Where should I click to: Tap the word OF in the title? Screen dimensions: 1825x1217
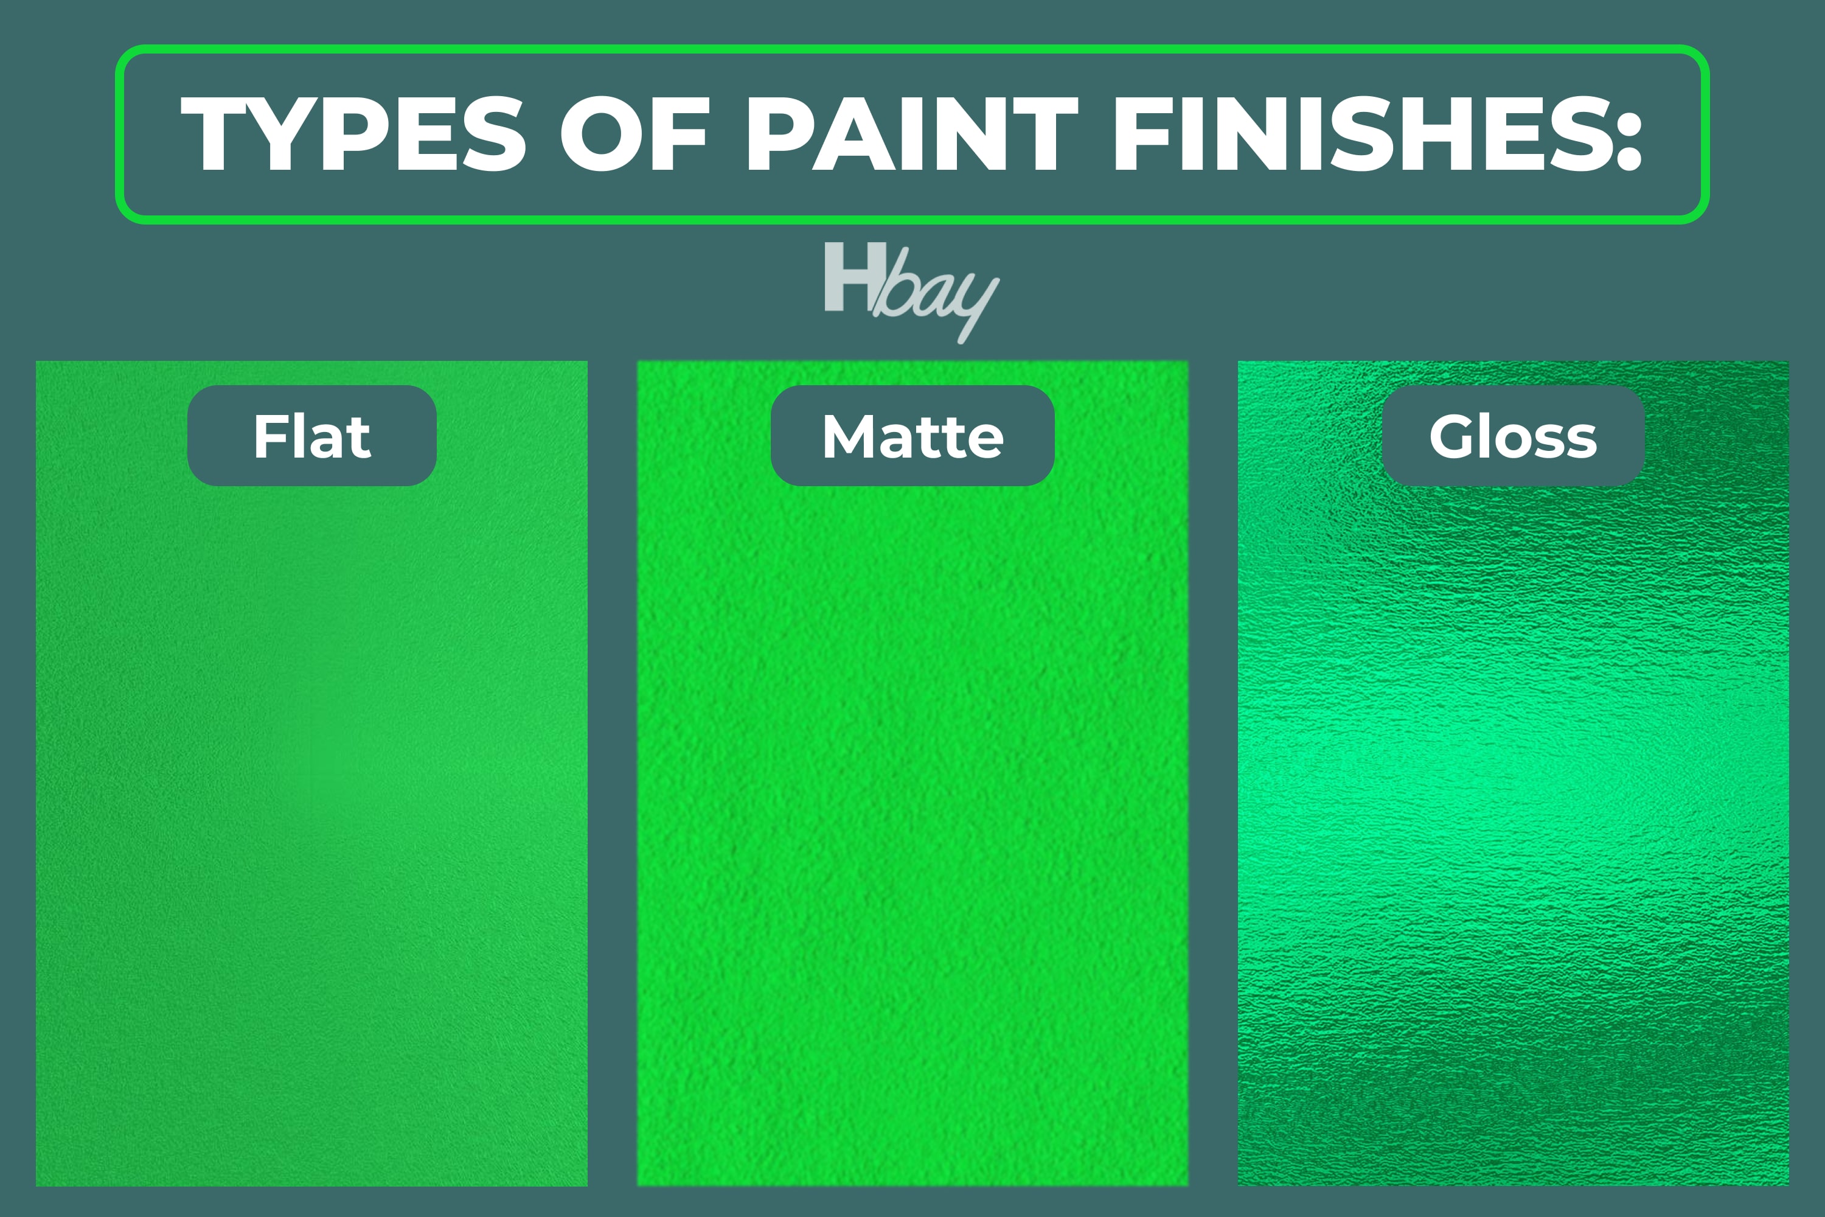[x=634, y=133]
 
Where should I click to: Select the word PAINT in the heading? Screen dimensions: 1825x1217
[x=912, y=133]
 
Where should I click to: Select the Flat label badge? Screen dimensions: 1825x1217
[x=312, y=436]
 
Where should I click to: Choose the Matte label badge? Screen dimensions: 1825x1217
[x=912, y=436]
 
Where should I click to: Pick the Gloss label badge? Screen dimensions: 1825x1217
[x=1513, y=436]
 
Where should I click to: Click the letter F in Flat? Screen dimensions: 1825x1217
[x=271, y=436]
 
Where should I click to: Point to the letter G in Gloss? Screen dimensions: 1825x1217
[x=1453, y=436]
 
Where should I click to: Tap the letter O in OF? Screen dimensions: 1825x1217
[x=600, y=133]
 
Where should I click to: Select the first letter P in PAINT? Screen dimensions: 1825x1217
[x=778, y=133]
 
